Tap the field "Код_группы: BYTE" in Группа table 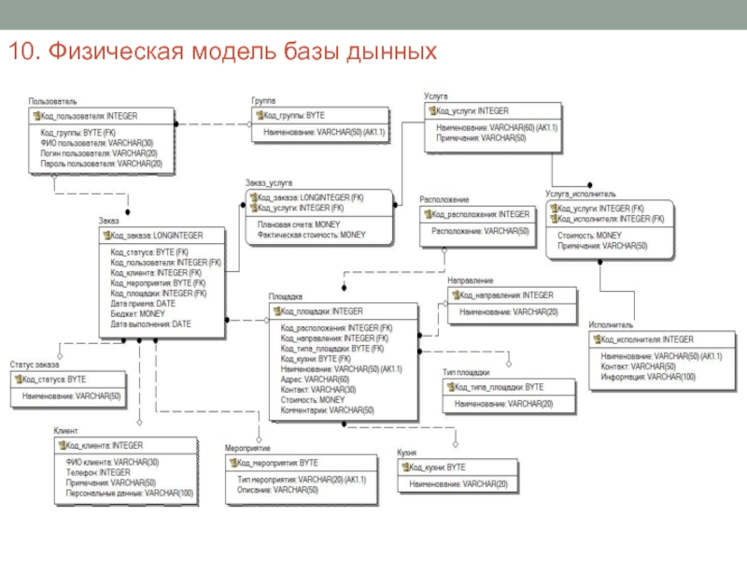tap(294, 115)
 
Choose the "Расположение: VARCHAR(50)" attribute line tap(480, 231)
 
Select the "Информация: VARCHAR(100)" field tap(648, 377)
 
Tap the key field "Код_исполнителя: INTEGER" tap(647, 339)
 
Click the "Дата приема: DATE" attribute tap(142, 304)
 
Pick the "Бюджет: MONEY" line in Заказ tap(137, 314)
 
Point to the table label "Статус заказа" tap(35, 365)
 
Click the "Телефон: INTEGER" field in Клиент tap(98, 473)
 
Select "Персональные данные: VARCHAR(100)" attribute tap(130, 493)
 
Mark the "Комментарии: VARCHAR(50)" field tap(327, 410)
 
